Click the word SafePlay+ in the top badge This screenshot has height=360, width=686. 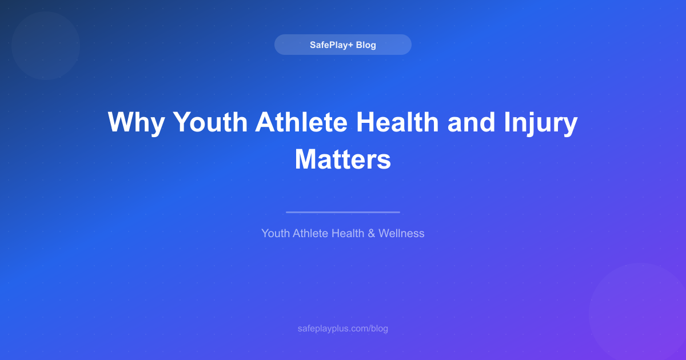click(x=330, y=45)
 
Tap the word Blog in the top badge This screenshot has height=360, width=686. click(x=366, y=45)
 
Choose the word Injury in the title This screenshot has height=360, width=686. click(x=540, y=123)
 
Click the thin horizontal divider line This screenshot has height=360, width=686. click(x=343, y=212)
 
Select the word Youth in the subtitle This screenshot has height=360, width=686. click(x=276, y=233)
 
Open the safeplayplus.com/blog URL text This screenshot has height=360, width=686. click(x=343, y=329)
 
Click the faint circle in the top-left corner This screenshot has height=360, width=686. click(x=46, y=46)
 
